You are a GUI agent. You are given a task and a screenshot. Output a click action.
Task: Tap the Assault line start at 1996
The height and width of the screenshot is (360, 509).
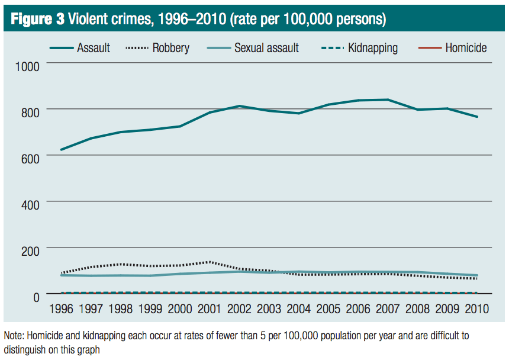click(x=61, y=150)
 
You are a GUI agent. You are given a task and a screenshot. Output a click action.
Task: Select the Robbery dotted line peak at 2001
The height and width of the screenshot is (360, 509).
click(x=209, y=262)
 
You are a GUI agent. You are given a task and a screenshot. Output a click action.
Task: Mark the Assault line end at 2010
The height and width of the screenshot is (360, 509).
click(x=478, y=117)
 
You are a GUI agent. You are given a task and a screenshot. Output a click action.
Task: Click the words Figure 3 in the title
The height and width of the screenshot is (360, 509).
click(x=37, y=20)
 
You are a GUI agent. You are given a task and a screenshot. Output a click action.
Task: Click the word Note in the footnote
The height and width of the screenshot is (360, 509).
click(x=14, y=336)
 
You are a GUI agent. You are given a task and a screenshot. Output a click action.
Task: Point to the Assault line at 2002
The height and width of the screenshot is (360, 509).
click(x=239, y=107)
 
